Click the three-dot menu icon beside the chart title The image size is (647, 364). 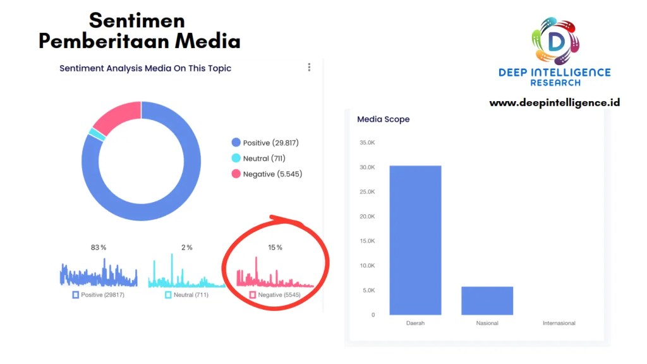coord(309,67)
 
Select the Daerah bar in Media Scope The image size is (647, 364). coord(415,240)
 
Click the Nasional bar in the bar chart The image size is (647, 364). coord(487,301)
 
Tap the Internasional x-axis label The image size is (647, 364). coord(559,324)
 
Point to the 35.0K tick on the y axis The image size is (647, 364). coord(366,143)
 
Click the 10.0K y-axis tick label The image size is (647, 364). coord(366,265)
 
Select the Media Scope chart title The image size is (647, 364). coord(383,119)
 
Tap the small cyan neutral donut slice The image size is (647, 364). coord(97,134)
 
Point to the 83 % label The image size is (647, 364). coord(99,247)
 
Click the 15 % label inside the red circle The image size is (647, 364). coord(275,247)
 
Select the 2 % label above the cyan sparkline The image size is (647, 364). coord(187,247)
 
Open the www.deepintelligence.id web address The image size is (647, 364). coord(554,102)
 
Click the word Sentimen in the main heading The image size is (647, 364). coord(137,20)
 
